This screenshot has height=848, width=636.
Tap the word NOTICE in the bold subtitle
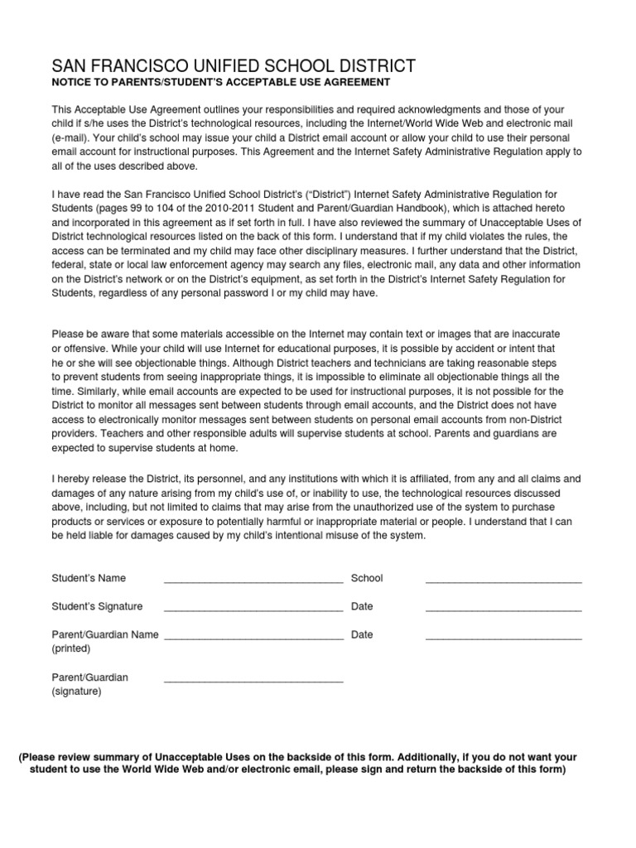pos(72,83)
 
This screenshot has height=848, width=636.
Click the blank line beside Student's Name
pos(253,582)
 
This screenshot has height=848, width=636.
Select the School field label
pos(367,578)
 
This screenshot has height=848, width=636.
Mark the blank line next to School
pos(503,582)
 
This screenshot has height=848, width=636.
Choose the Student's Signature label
pos(97,606)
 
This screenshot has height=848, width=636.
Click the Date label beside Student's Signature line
pos(362,606)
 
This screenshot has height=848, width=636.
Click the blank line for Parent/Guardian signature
pos(253,682)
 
